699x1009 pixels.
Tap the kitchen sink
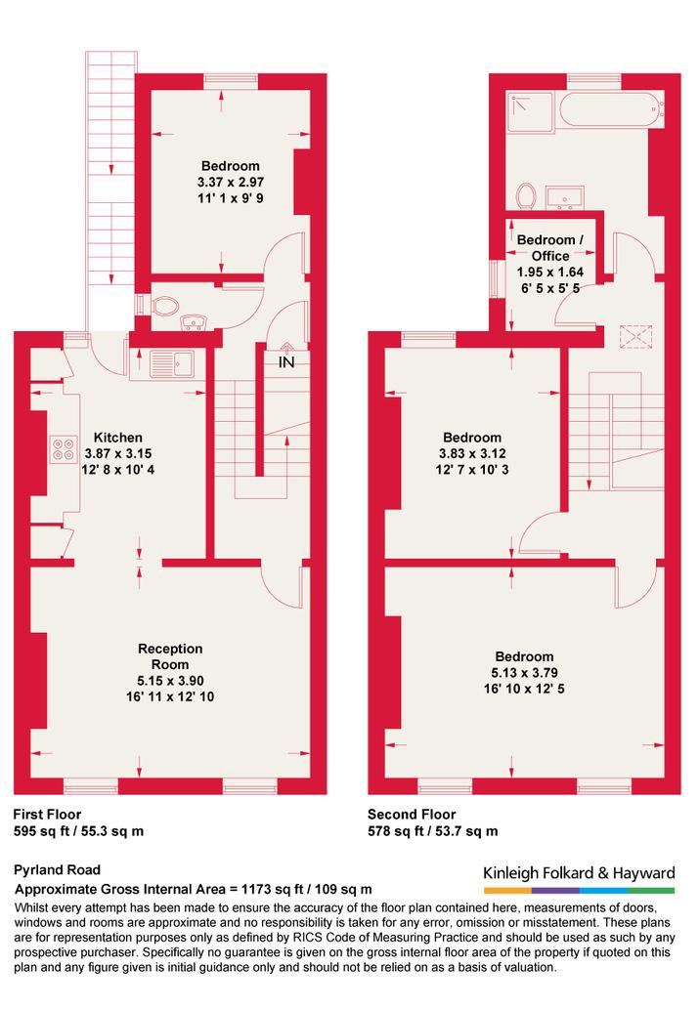(171, 363)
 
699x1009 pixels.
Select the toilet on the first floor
(165, 306)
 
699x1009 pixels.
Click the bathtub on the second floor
(611, 111)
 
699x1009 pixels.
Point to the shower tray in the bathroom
(530, 112)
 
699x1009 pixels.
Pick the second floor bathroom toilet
(526, 195)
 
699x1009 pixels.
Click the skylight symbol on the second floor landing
(635, 337)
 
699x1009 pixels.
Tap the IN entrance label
(286, 362)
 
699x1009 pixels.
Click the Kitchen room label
(118, 438)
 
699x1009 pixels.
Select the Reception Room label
(170, 656)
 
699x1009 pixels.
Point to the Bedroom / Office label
(550, 248)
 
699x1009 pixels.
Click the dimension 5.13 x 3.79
(524, 673)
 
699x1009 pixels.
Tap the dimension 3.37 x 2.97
(230, 182)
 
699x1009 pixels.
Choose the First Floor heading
(47, 815)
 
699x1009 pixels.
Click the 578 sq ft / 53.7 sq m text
(432, 831)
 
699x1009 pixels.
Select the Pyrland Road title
(58, 870)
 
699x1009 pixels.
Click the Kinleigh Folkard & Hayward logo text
(579, 873)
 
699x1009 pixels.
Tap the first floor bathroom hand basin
(192, 321)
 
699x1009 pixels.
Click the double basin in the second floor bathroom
(565, 197)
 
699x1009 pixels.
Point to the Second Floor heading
(412, 815)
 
